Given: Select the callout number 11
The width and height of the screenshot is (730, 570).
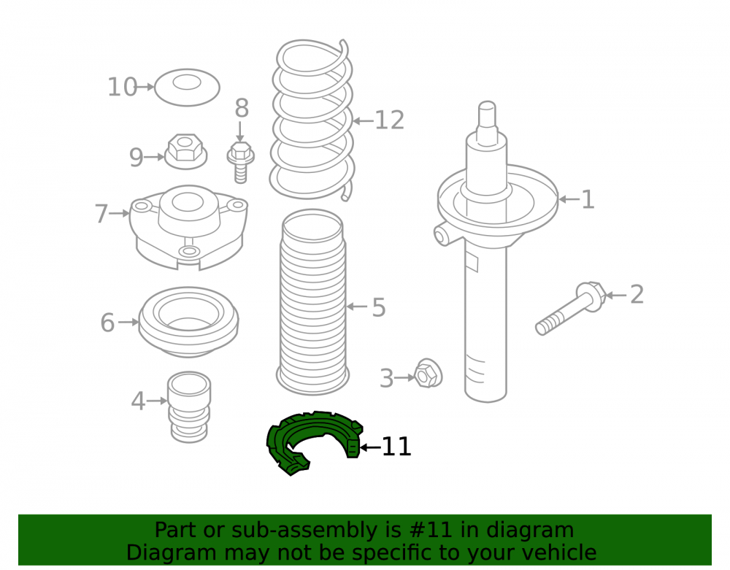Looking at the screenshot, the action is point(396,447).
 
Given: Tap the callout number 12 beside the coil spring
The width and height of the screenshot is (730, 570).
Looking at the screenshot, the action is point(390,120).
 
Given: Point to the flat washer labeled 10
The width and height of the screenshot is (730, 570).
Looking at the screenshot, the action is point(187,88).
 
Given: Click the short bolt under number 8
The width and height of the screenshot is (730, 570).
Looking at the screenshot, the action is point(241,163).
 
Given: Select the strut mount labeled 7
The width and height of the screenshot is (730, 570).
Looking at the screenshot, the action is point(188,227).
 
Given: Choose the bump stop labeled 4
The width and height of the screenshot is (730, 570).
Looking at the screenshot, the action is point(189,407).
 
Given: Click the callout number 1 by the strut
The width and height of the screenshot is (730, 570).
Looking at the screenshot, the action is point(588,199).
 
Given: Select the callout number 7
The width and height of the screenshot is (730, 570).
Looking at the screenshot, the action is point(101,214).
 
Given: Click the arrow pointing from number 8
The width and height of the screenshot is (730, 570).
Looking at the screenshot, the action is point(240,131).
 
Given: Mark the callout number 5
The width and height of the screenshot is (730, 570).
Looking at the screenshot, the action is point(379,307).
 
